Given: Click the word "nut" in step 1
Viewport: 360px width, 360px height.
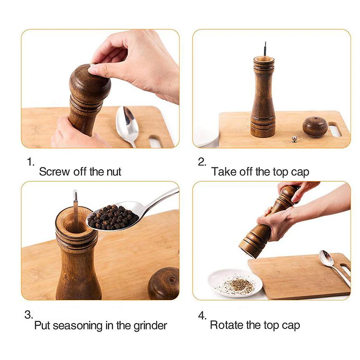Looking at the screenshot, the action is pos(114,172).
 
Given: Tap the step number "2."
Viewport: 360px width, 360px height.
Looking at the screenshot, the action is pos(202,162).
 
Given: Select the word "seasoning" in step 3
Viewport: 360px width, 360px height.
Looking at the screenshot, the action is pos(77,325).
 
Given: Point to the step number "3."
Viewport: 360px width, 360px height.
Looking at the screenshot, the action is pos(29,315).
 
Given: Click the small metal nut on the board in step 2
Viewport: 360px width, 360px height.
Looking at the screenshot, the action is pos(295,139).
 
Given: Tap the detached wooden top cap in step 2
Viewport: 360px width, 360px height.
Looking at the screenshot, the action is pos(315,126).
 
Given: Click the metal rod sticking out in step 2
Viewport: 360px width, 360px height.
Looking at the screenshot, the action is pos(265,49).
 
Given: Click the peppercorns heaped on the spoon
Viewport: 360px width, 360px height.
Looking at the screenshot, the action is pos(112,217).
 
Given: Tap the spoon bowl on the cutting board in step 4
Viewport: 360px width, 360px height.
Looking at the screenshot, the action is pos(326,258).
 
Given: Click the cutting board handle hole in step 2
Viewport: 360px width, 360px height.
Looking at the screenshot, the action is pos(335,130).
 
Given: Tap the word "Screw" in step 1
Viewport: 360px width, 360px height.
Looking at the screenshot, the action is pos(54,172).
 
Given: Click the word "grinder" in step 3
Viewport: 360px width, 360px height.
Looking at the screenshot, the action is pos(150,325).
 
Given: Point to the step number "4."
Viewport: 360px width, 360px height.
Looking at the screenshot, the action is pos(202,315).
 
